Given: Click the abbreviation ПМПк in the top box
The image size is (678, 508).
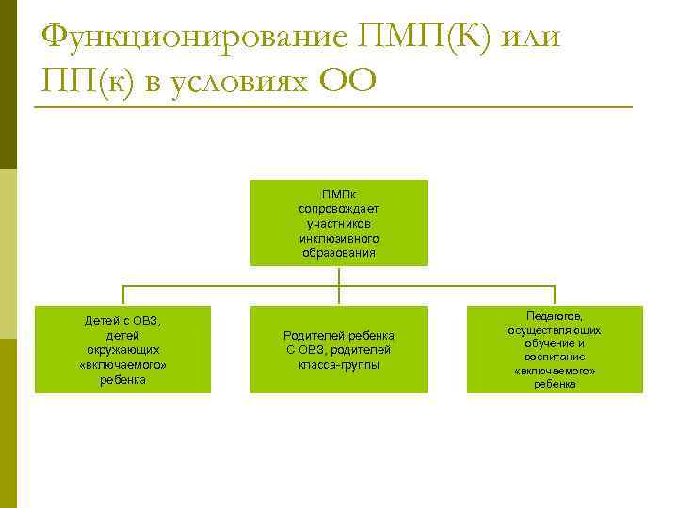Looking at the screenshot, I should click(339, 194).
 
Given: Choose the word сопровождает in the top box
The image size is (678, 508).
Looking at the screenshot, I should click(339, 208).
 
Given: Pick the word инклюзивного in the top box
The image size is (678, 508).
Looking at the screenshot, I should click(339, 238).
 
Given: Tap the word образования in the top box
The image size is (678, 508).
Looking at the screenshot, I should click(339, 252).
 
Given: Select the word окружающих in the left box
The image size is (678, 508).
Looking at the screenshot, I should click(123, 349).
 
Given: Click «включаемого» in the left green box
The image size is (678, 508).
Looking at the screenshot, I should click(123, 364).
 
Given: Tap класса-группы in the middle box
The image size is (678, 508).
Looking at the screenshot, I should click(339, 364).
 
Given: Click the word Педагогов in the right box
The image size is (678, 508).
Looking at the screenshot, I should click(555, 318).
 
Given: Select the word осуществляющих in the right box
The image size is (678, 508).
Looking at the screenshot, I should click(555, 331).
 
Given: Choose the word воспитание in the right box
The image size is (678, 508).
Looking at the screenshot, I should click(555, 357).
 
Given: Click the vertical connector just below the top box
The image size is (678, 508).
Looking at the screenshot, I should click(339, 276).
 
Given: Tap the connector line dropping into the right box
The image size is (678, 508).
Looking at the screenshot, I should click(555, 295).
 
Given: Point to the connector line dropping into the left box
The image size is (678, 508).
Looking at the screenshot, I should click(123, 295).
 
